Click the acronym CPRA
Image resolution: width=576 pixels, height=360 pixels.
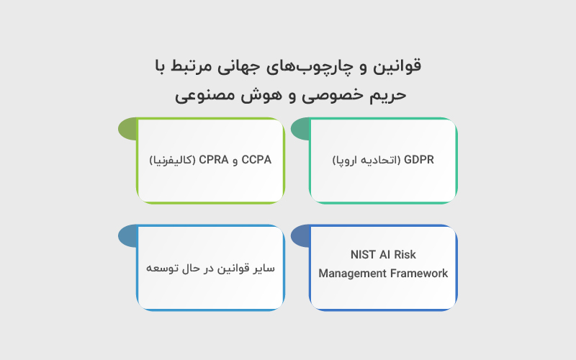click(212, 160)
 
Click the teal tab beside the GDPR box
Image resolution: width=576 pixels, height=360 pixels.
click(300, 130)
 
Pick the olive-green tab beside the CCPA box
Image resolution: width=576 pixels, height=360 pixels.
click(127, 130)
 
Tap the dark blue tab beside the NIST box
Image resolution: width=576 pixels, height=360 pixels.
click(300, 236)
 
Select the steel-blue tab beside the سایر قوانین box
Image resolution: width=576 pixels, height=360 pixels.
click(127, 236)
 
